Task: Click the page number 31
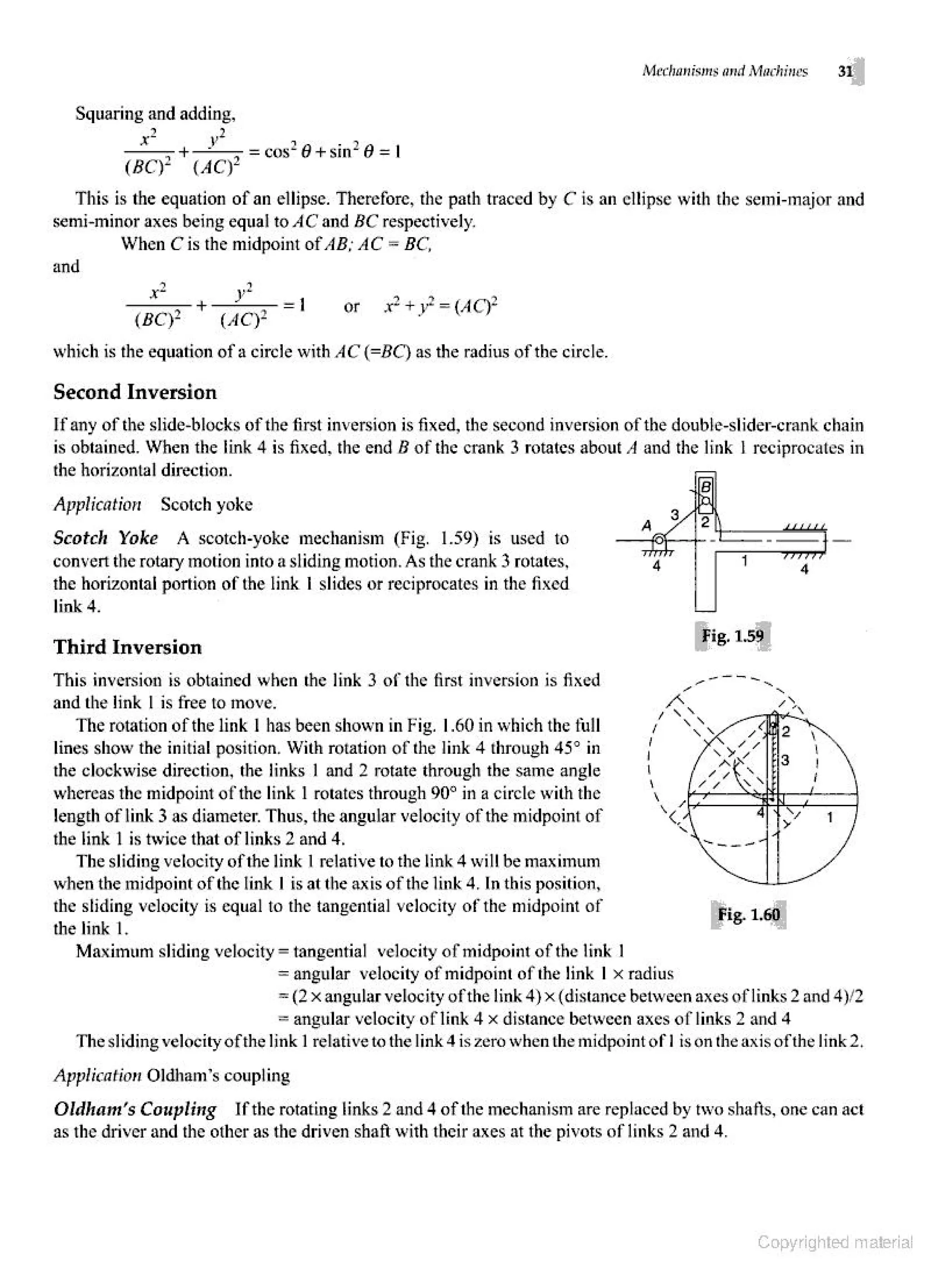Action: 844,71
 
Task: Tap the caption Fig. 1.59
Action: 732,636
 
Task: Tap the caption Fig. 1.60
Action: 748,914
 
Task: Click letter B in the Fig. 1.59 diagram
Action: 706,485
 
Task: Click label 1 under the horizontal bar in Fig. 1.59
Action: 745,561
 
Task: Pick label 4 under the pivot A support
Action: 656,567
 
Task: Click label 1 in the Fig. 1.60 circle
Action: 829,817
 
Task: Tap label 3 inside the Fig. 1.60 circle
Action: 785,761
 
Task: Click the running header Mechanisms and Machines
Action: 725,71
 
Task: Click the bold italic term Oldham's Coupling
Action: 135,1110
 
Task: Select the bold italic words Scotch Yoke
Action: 105,538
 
